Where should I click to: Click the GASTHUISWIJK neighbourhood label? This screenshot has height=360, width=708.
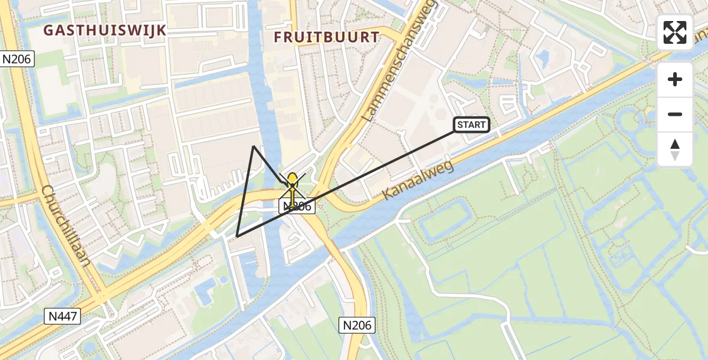[x=105, y=31]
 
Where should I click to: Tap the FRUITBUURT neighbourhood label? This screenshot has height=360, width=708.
[x=327, y=37]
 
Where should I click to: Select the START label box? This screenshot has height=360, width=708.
[x=471, y=125]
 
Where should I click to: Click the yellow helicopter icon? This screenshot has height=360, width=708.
[x=292, y=182]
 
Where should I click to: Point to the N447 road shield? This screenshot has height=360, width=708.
[x=62, y=316]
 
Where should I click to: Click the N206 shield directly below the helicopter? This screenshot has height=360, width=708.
[x=298, y=206]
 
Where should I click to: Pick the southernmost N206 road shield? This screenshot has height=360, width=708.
[x=357, y=325]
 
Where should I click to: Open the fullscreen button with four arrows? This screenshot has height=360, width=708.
[x=675, y=32]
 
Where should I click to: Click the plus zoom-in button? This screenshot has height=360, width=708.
[x=675, y=79]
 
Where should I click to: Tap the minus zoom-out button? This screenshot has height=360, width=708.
[x=675, y=114]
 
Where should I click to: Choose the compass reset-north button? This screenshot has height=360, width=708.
[x=675, y=149]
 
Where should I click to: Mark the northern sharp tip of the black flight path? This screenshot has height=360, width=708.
[x=254, y=146]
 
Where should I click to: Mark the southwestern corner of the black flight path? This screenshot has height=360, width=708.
[x=237, y=236]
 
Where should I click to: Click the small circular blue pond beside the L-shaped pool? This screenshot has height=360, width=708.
[x=224, y=280]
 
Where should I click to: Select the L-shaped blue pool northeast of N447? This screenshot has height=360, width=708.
[x=204, y=291]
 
